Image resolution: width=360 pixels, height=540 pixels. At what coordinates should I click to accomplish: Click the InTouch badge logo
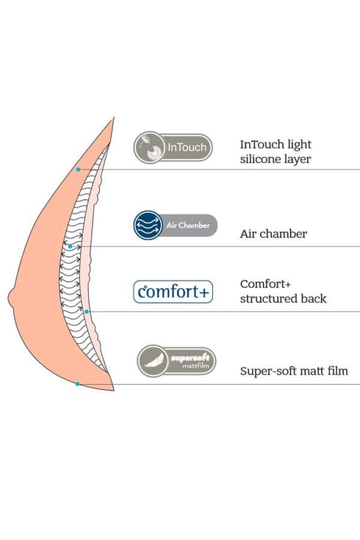coord(173,147)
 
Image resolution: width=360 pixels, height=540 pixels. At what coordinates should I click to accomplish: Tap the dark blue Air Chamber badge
coord(176,226)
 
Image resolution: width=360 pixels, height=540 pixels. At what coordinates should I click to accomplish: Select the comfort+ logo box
coord(173,292)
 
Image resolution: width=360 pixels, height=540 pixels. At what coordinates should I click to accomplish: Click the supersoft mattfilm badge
coord(176,361)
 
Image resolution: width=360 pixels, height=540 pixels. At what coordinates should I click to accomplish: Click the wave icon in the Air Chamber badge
coord(149,226)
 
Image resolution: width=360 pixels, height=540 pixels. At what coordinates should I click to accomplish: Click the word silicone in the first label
coord(262,158)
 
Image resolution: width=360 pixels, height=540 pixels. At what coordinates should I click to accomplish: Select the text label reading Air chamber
coord(273,234)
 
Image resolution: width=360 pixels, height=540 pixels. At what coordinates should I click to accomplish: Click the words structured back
coord(283,298)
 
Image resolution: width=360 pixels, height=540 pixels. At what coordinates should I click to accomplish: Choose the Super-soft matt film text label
coord(294,372)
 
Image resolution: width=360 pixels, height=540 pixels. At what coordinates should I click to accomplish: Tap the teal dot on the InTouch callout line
coord(78,169)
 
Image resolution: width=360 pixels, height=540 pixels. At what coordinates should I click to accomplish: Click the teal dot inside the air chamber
coord(71,246)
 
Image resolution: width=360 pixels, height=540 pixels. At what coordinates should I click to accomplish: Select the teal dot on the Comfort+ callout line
coord(87,312)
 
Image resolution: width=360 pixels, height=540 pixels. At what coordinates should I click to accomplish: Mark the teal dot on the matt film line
coord(77,384)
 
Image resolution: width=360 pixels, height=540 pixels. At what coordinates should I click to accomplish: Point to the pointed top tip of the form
coord(114,118)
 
